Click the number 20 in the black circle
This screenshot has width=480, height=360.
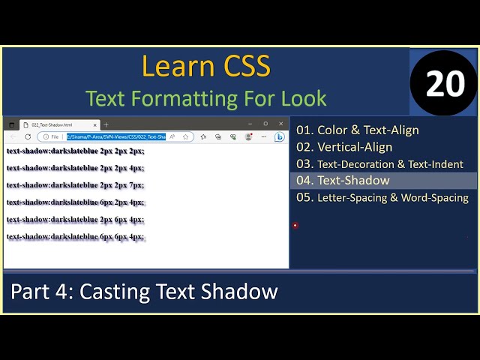pyautogui.click(x=445, y=84)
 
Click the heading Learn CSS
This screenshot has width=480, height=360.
pyautogui.click(x=205, y=67)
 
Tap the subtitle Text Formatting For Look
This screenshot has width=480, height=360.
pyautogui.click(x=205, y=98)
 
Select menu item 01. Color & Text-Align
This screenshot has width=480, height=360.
pyautogui.click(x=358, y=130)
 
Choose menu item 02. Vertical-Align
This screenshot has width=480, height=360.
pyautogui.click(x=344, y=147)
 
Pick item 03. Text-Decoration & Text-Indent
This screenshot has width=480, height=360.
pyautogui.click(x=379, y=163)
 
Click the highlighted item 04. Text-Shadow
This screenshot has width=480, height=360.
pyautogui.click(x=343, y=181)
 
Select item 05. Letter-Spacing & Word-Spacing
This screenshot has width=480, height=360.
pyautogui.click(x=382, y=198)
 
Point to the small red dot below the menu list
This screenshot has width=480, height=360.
pyautogui.click(x=295, y=225)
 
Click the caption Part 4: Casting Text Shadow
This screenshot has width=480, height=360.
pyautogui.click(x=144, y=292)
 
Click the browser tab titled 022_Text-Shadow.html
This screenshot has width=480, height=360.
pyautogui.click(x=52, y=124)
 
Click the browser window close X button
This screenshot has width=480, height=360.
pyautogui.click(x=281, y=124)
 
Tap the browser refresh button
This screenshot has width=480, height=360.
pyautogui.click(x=28, y=136)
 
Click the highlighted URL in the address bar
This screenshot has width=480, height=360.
pyautogui.click(x=115, y=136)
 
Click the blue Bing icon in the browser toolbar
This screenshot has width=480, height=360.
pyautogui.click(x=279, y=136)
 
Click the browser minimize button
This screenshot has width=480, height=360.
pyautogui.click(x=250, y=124)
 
